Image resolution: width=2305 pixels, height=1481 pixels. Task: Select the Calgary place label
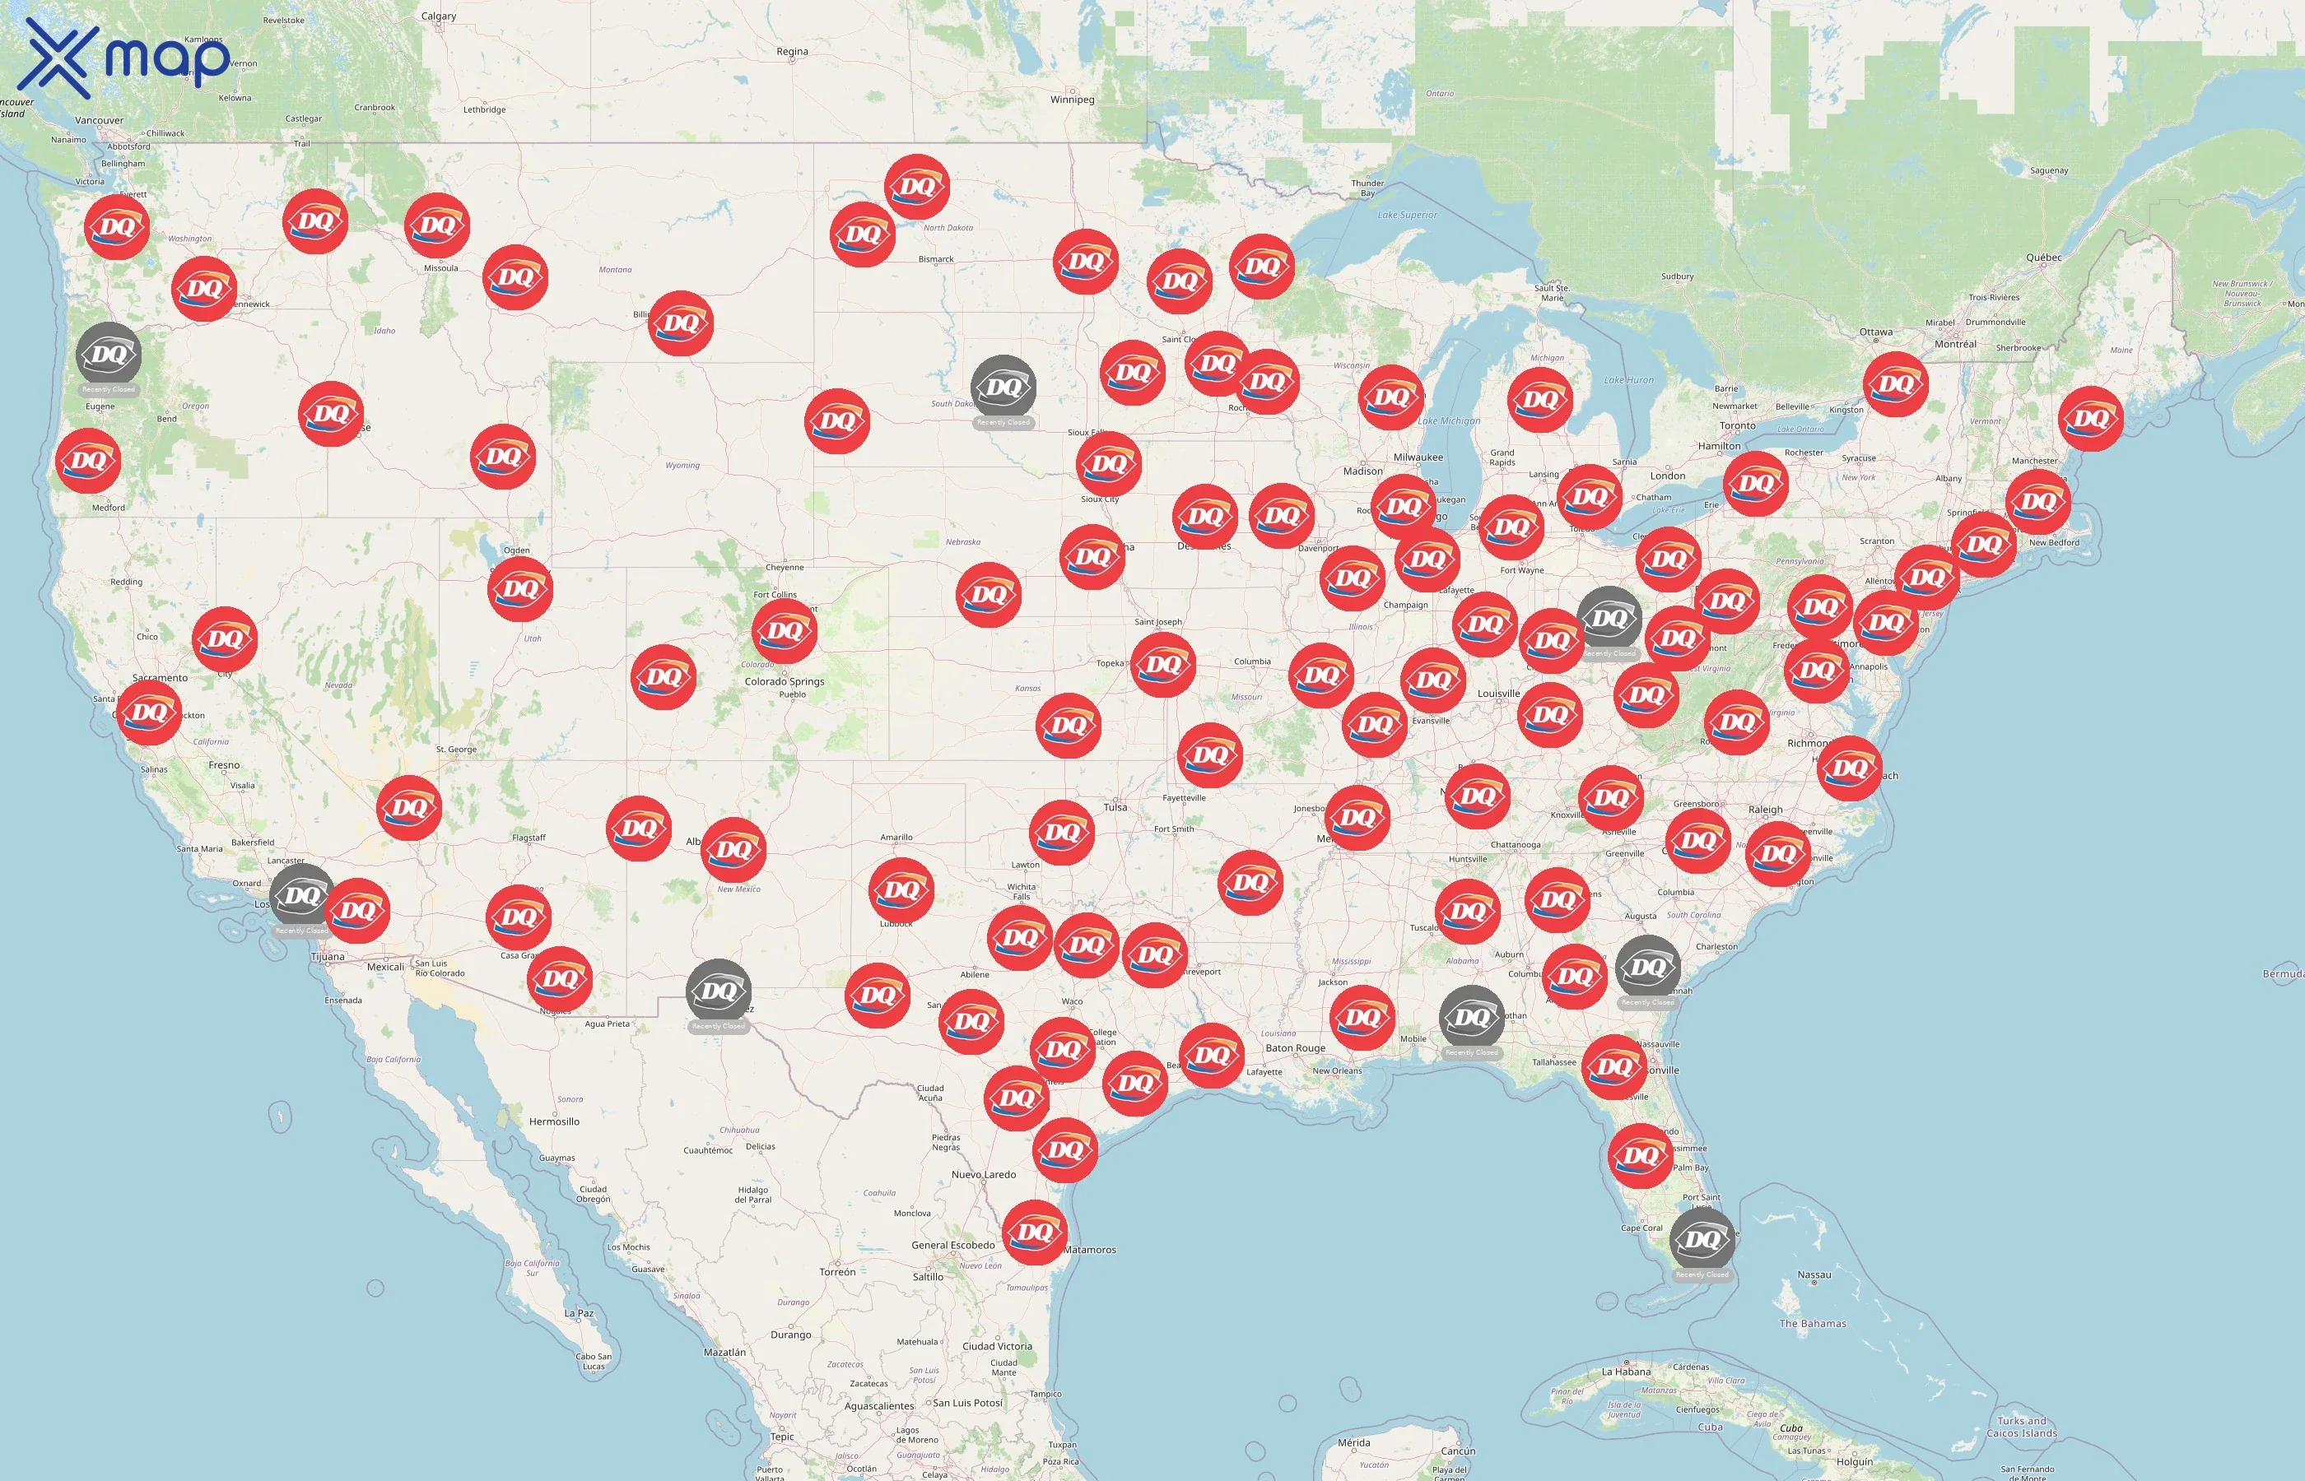pyautogui.click(x=439, y=16)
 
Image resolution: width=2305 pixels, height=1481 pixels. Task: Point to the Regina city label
pyautogui.click(x=792, y=52)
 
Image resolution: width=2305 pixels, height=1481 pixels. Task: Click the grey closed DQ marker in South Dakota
pyautogui.click(x=1003, y=388)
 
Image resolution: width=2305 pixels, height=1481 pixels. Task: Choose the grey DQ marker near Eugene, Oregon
pyautogui.click(x=108, y=354)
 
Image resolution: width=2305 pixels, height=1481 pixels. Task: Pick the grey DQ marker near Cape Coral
pyautogui.click(x=1702, y=1240)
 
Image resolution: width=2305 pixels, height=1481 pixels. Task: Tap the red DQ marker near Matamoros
pyautogui.click(x=1034, y=1232)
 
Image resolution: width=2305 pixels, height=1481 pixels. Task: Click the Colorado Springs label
pyautogui.click(x=784, y=682)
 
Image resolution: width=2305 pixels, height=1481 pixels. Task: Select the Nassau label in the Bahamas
pyautogui.click(x=1814, y=1275)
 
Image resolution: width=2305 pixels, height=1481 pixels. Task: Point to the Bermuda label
pyautogui.click(x=2282, y=974)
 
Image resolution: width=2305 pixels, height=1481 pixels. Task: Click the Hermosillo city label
pyautogui.click(x=554, y=1121)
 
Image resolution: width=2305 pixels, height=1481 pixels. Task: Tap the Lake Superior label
pyautogui.click(x=1407, y=216)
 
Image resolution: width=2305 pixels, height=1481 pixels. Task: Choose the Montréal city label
pyautogui.click(x=1955, y=344)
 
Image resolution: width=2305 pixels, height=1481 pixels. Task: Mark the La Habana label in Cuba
pyautogui.click(x=1626, y=1372)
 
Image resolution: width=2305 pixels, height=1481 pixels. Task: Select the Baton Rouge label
pyautogui.click(x=1295, y=1048)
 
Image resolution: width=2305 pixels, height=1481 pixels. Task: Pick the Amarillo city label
pyautogui.click(x=896, y=838)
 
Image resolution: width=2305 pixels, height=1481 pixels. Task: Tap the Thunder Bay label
pyautogui.click(x=1367, y=188)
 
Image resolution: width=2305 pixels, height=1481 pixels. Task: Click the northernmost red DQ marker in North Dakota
pyautogui.click(x=917, y=187)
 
